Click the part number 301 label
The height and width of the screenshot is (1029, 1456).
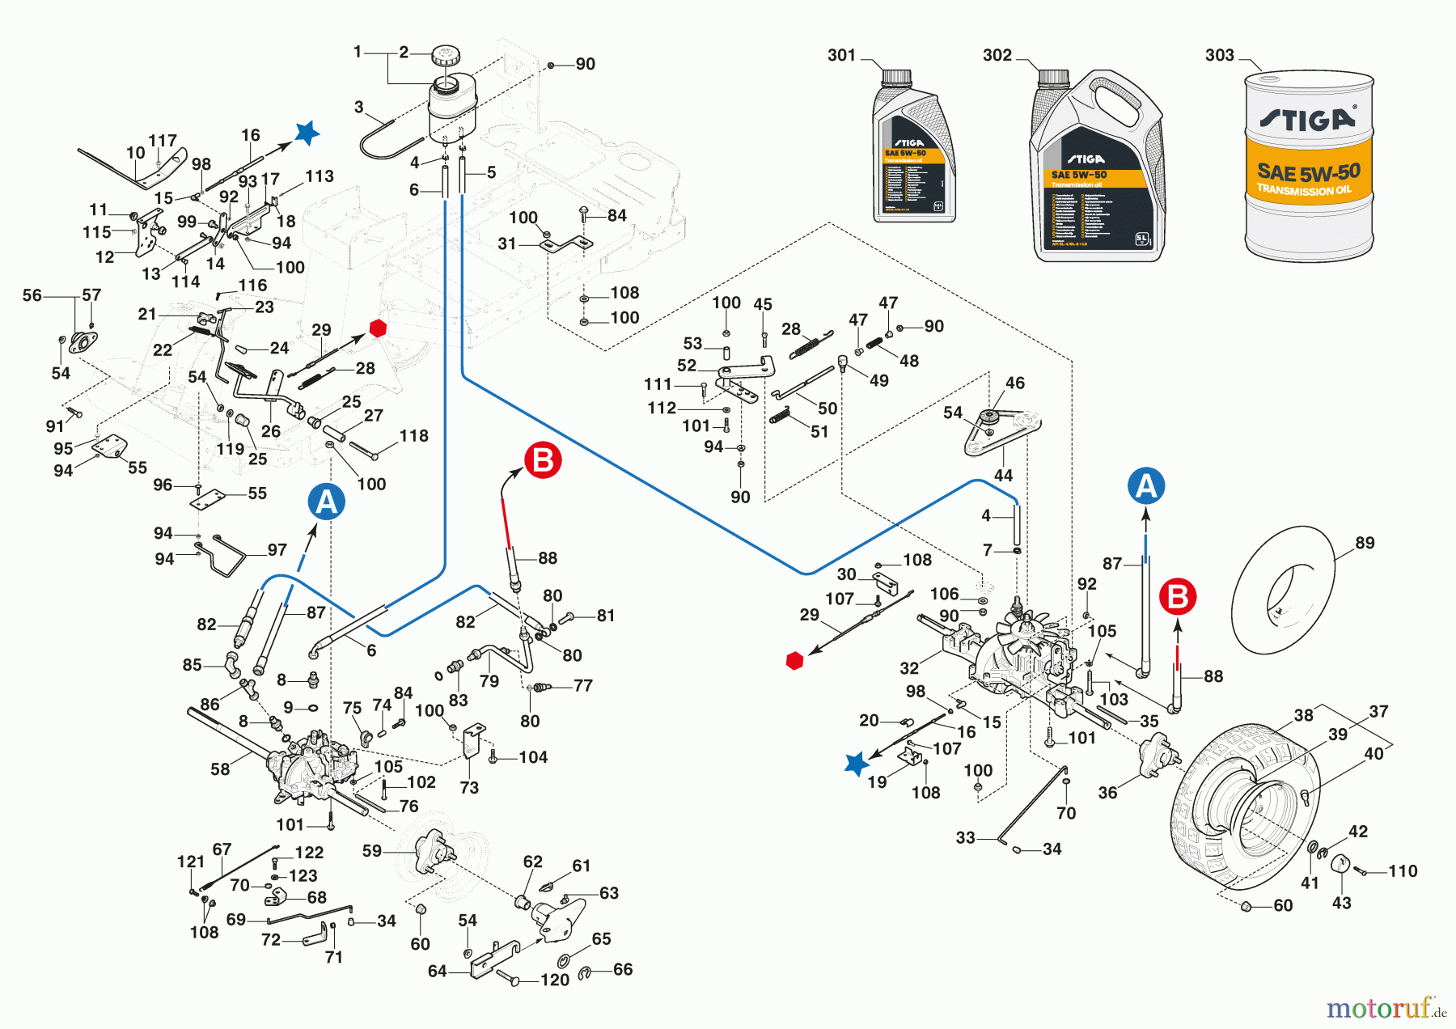(841, 55)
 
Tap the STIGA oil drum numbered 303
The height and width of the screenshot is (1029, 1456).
(1308, 166)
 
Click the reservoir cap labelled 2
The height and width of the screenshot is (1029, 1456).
(444, 57)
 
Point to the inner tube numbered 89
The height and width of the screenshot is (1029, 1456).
(1284, 590)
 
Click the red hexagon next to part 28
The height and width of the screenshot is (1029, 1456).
(378, 328)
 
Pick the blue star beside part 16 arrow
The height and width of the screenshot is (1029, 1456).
(307, 133)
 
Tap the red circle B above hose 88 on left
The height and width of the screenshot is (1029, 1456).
(543, 460)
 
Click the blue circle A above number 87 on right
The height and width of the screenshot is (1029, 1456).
(1146, 486)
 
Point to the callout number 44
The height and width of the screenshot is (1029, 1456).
(1003, 476)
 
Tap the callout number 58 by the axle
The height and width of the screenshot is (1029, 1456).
(220, 769)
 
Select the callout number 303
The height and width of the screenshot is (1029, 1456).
(1220, 55)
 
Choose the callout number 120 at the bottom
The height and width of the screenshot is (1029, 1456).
(555, 980)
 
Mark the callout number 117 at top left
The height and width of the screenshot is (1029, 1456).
(163, 141)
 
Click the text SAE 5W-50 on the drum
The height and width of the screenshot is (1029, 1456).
(1308, 172)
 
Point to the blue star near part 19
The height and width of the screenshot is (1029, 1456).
(856, 764)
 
